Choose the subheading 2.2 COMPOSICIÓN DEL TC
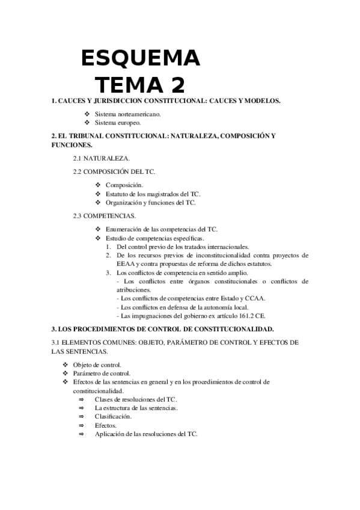click(114, 172)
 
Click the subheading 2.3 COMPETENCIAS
click(104, 215)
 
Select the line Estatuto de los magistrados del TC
click(153, 194)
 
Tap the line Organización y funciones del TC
click(150, 203)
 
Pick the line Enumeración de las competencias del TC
click(161, 229)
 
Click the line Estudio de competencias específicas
click(154, 238)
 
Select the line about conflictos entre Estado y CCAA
click(193, 298)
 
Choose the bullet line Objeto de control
click(97, 364)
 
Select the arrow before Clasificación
click(81, 416)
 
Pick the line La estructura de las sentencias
click(136, 408)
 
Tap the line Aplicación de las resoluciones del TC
click(146, 434)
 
